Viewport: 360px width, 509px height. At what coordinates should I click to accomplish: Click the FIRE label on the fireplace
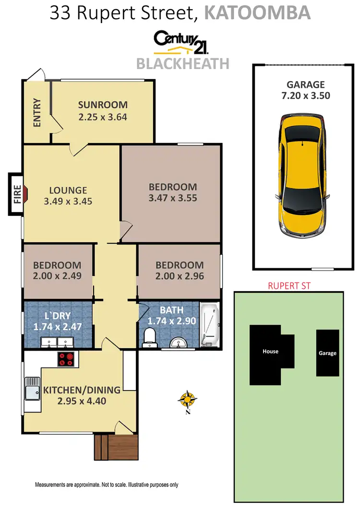(16, 194)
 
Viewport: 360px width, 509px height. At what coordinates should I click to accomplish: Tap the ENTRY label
(37, 113)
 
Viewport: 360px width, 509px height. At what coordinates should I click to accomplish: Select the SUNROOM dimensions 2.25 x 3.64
(103, 116)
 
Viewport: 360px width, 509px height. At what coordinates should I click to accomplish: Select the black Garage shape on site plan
(327, 353)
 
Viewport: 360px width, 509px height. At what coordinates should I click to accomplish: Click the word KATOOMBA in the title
(257, 13)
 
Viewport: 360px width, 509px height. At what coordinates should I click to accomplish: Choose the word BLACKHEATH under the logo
(183, 63)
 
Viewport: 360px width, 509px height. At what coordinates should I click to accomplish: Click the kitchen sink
(32, 393)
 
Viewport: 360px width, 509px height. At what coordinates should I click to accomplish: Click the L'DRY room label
(57, 317)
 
